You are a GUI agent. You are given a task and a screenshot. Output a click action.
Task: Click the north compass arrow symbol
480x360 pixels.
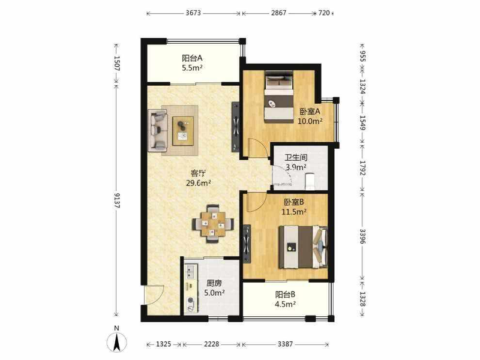(x=116, y=341)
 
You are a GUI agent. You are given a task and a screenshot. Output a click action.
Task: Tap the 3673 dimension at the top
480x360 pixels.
(x=193, y=13)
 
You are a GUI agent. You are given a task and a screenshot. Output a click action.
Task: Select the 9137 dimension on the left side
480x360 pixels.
(x=116, y=200)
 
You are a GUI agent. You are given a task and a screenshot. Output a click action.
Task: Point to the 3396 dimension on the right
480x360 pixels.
(x=362, y=236)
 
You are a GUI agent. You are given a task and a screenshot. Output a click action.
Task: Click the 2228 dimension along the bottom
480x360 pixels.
(x=212, y=344)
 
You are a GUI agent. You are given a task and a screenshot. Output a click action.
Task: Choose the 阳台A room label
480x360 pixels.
(x=192, y=58)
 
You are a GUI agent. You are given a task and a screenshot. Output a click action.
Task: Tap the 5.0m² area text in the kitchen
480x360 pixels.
(x=214, y=293)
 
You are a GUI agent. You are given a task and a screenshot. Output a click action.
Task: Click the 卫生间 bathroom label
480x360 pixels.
(x=296, y=158)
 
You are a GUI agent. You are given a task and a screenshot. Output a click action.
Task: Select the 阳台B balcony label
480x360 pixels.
(x=285, y=295)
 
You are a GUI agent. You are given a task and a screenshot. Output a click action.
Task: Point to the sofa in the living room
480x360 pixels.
(x=158, y=130)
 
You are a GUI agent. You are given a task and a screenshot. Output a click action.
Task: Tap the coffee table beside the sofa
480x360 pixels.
(x=183, y=131)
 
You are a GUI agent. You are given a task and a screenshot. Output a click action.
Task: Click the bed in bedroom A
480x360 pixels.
(x=279, y=97)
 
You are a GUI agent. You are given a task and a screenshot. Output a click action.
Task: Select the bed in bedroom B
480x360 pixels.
(x=303, y=247)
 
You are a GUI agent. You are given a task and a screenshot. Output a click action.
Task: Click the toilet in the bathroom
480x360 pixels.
(x=310, y=181)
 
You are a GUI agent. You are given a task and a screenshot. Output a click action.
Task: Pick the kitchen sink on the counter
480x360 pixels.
(x=191, y=272)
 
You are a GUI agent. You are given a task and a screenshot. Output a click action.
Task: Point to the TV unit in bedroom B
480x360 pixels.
(x=247, y=244)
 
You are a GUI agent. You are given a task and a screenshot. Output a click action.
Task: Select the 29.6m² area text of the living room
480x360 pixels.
(x=198, y=183)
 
